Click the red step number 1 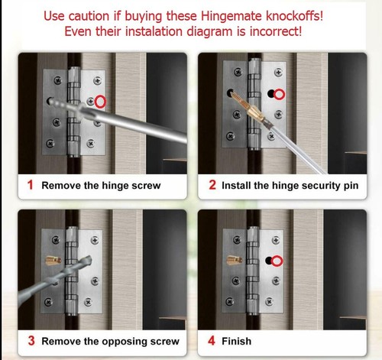click(31, 185)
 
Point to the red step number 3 click(31, 341)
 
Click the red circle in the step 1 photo click(99, 101)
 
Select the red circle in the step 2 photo click(280, 94)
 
